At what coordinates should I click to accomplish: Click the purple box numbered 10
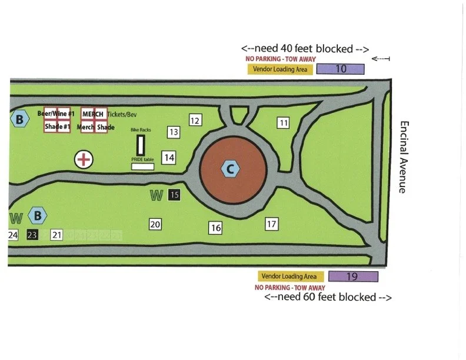point(340,69)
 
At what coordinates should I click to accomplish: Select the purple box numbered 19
point(352,276)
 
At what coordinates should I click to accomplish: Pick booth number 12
point(195,120)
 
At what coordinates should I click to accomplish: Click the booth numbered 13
point(173,132)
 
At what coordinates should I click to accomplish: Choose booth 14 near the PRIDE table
point(169,158)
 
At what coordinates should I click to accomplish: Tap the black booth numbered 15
point(174,194)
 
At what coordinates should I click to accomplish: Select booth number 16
point(216,228)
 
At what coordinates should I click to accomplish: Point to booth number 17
point(271,224)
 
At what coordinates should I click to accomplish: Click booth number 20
point(155,224)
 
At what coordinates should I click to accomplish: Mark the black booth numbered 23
point(32,235)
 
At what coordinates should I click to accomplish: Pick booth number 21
point(56,235)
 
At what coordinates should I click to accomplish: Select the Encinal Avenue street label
point(404,156)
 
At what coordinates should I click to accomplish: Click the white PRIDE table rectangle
point(142,167)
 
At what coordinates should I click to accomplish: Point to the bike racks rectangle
point(141,145)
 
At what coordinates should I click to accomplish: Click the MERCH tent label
point(93,114)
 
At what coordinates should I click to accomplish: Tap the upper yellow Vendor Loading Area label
point(280,69)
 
